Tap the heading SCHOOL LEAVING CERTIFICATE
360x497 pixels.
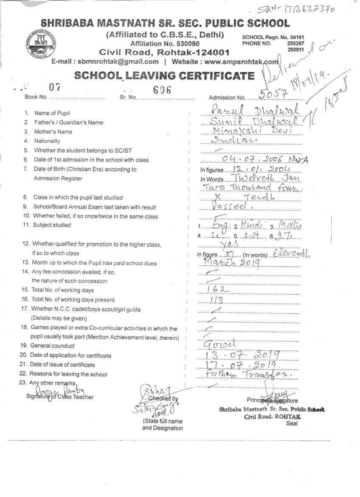pos(164,76)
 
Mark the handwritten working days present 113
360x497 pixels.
pos(217,300)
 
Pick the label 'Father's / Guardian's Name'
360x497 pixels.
pos(69,122)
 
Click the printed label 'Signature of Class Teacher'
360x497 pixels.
pos(59,397)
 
